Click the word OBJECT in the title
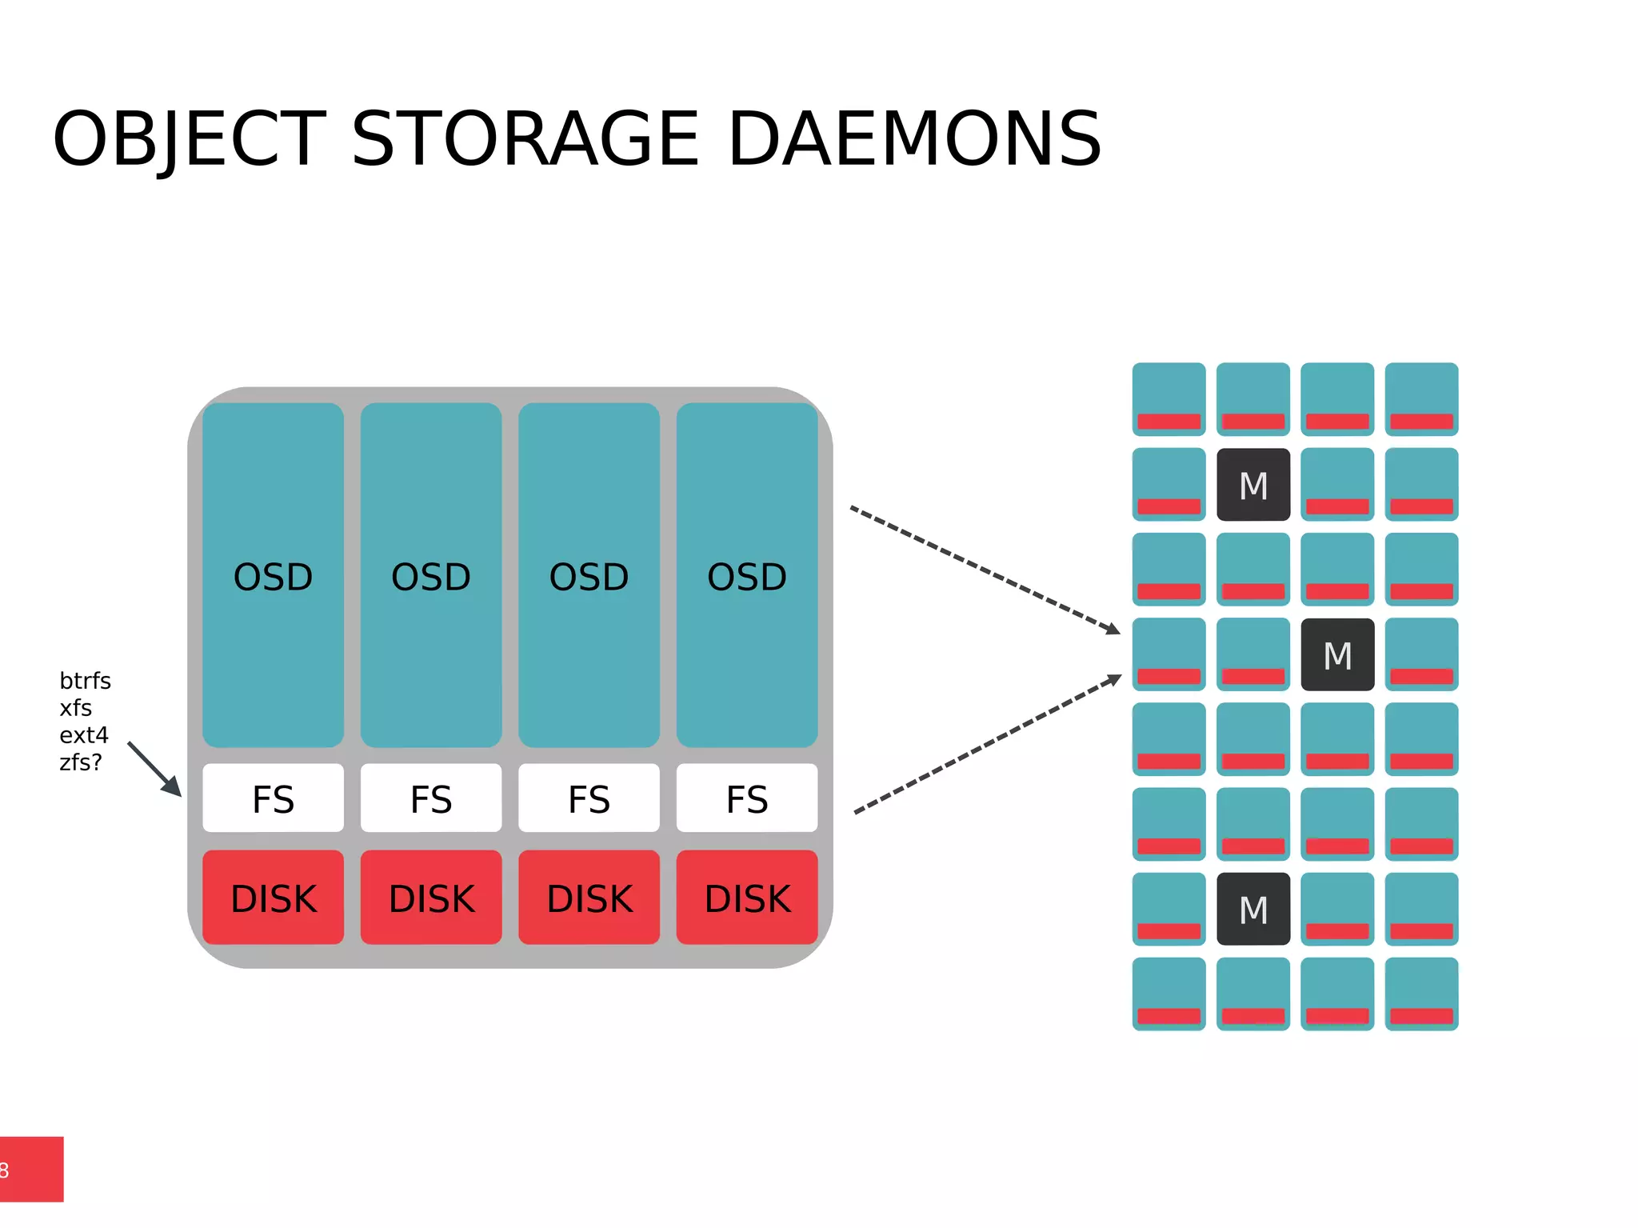point(190,140)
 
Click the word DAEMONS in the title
point(914,140)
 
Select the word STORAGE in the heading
point(525,140)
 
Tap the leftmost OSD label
point(273,577)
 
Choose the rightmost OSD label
point(746,577)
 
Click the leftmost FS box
point(273,798)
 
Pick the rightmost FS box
point(746,798)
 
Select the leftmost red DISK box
point(273,898)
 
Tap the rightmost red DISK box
point(746,898)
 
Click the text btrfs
point(85,681)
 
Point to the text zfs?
point(81,762)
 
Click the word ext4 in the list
point(83,735)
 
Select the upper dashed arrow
point(984,570)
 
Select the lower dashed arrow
point(987,744)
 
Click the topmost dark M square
point(1252,485)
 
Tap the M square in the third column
point(1336,654)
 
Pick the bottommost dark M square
point(1252,909)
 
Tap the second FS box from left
point(431,798)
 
